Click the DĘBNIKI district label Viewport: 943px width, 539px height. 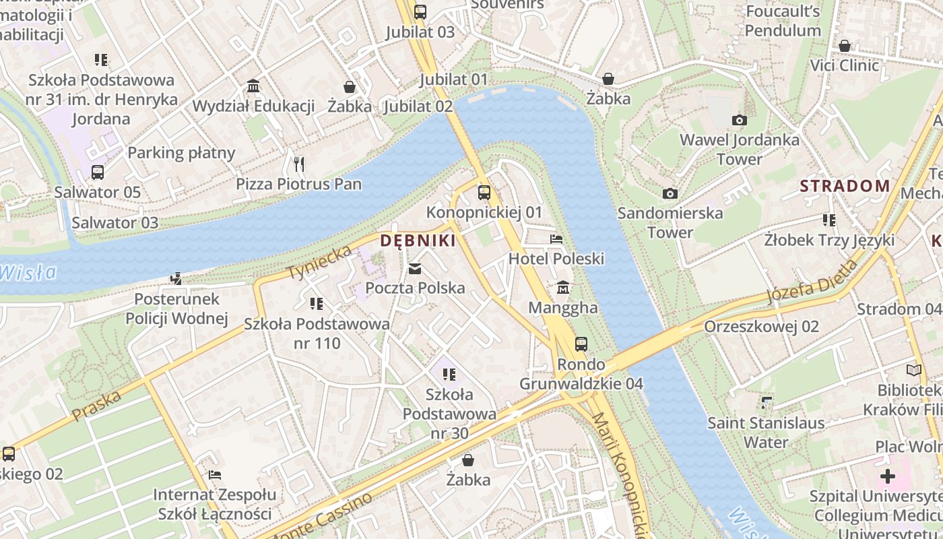click(x=418, y=241)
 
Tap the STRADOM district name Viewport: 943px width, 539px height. click(x=845, y=186)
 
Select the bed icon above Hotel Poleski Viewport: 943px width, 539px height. click(x=556, y=239)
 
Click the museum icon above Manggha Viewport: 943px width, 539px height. click(x=563, y=288)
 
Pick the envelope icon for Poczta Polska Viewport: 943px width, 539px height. click(x=415, y=269)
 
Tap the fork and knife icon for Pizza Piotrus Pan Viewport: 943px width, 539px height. click(x=299, y=164)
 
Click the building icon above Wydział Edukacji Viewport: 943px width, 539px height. click(x=253, y=86)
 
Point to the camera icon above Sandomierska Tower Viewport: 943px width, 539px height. click(x=670, y=193)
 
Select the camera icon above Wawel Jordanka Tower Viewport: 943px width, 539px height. click(x=739, y=120)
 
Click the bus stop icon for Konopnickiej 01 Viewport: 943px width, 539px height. click(x=484, y=193)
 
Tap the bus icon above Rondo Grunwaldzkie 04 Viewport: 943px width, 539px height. click(x=581, y=344)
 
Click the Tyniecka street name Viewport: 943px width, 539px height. click(x=320, y=263)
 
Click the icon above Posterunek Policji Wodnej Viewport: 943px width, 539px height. click(x=176, y=278)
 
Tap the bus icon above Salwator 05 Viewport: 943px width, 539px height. click(x=98, y=172)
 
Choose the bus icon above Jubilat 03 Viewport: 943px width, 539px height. click(x=420, y=11)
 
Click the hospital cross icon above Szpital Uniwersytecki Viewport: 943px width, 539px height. click(x=888, y=476)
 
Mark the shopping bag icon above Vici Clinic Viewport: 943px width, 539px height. click(x=844, y=46)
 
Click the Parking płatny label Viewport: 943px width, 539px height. click(x=181, y=152)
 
